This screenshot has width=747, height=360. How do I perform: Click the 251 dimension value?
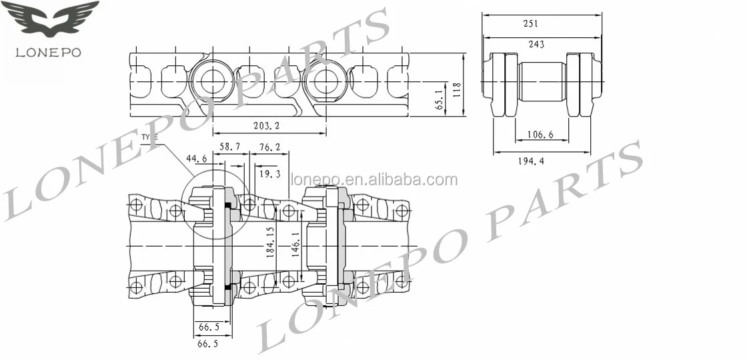[x=531, y=23]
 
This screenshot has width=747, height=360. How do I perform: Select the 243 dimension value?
[x=536, y=44]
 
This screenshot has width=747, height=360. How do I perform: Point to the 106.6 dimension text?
[x=541, y=134]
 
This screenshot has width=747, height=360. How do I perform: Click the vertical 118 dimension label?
[x=457, y=89]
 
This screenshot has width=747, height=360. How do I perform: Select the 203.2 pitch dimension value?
[x=266, y=125]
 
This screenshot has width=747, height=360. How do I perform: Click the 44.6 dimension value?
[x=196, y=159]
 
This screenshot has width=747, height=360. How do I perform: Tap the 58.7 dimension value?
[x=230, y=146]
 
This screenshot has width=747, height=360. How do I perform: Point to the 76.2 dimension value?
[x=269, y=146]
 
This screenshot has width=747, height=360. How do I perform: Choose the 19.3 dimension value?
[x=269, y=173]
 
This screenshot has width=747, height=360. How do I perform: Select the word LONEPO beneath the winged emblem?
[x=49, y=53]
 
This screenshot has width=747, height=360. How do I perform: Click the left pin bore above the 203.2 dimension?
[x=212, y=81]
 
